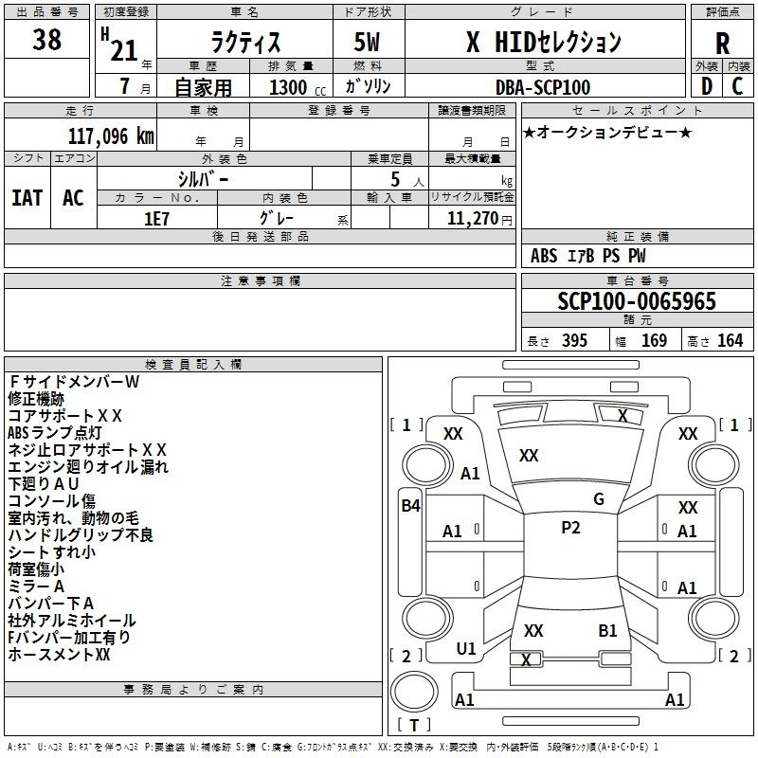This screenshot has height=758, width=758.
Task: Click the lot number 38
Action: [x=46, y=39]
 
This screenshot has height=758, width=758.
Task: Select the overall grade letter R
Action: [x=722, y=44]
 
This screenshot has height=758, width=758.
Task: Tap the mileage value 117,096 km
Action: [x=111, y=136]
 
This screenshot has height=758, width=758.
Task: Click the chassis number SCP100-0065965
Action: [x=637, y=301]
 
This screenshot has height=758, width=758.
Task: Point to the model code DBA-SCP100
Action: [x=543, y=87]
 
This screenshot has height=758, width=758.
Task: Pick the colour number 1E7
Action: [x=156, y=219]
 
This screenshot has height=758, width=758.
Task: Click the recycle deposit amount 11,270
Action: [x=472, y=219]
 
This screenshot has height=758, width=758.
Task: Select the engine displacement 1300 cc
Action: [x=298, y=87]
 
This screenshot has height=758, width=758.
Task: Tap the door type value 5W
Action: [x=367, y=42]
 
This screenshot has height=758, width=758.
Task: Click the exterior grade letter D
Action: [x=707, y=86]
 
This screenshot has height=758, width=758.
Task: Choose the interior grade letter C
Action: [x=737, y=86]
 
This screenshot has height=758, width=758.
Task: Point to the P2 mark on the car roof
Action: [x=570, y=528]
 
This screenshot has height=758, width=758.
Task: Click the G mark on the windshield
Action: [x=599, y=499]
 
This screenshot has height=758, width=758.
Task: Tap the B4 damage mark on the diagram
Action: [x=410, y=506]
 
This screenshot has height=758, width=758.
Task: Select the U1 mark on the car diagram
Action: [x=466, y=649]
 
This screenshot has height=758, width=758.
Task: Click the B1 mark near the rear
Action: [x=607, y=631]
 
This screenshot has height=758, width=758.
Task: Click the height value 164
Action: [x=730, y=340]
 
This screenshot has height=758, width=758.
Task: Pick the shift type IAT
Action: [x=27, y=198]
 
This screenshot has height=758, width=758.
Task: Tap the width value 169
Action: [x=654, y=340]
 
